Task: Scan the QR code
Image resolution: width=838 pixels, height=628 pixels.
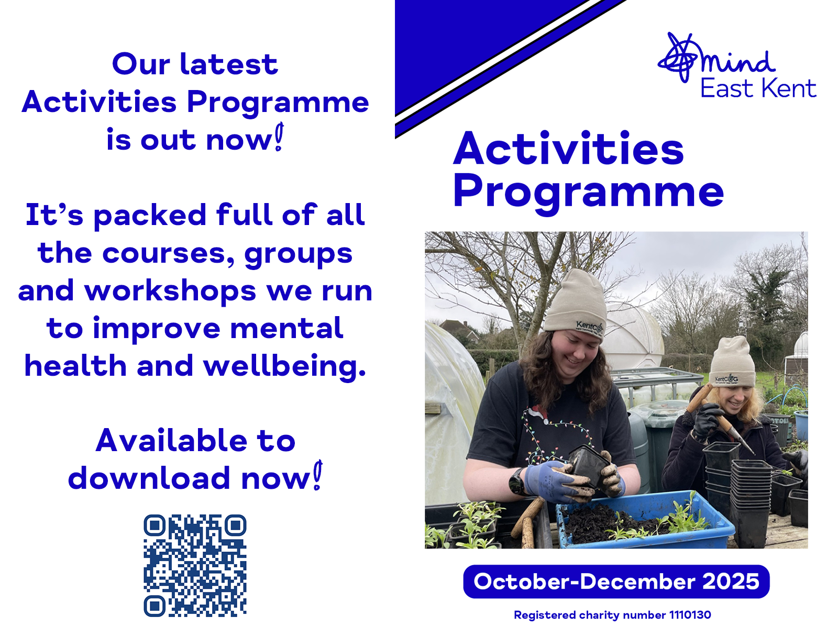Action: tap(195, 566)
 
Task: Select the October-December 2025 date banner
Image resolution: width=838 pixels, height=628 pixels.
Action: tap(616, 581)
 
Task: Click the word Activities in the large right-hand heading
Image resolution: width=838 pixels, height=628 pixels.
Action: tap(568, 148)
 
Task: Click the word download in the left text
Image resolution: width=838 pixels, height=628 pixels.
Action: tap(149, 478)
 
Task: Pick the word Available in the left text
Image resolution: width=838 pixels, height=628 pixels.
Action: tap(171, 440)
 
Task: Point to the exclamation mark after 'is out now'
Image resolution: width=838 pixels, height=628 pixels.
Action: tap(280, 137)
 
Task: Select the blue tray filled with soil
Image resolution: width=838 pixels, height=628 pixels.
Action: tap(645, 520)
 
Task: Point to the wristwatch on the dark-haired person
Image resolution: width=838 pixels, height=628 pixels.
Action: tap(517, 481)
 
